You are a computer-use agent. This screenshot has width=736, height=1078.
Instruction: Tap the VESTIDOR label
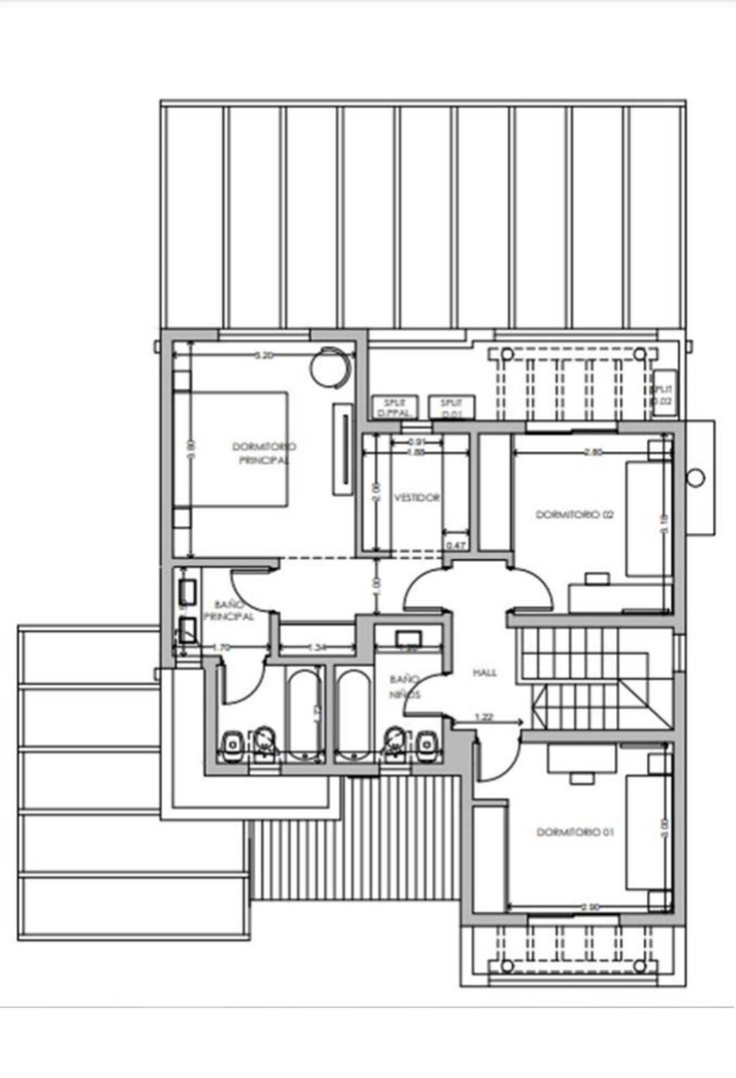416,497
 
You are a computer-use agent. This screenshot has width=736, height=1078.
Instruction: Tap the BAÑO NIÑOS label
404,686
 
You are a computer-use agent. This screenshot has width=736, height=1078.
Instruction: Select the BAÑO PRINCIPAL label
234,611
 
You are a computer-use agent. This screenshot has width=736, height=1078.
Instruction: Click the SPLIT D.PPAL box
391,405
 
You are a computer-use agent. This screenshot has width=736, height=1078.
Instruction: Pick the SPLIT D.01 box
450,405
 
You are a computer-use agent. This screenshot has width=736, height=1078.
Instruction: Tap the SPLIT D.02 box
662,394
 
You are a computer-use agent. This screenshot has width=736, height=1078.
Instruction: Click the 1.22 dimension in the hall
483,716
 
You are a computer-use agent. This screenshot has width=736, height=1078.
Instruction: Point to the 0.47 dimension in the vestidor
456,545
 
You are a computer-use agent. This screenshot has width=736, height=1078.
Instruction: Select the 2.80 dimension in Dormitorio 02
592,452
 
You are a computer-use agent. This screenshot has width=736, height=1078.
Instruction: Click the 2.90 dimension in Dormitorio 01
590,906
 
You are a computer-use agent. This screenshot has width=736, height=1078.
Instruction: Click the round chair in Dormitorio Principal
331,365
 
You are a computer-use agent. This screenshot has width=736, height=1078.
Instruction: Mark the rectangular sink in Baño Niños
407,639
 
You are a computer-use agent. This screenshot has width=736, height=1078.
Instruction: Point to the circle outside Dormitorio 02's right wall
696,478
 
